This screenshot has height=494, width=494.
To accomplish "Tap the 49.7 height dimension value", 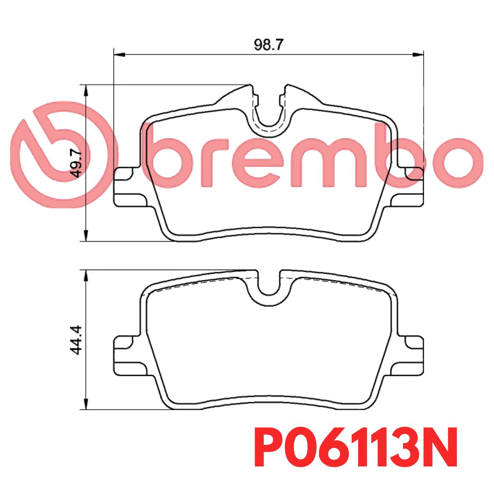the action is pyautogui.click(x=77, y=164).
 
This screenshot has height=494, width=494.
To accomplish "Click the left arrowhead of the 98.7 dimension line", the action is pyautogui.click(x=119, y=55).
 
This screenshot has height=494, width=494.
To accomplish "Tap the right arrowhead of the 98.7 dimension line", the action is pyautogui.click(x=417, y=55).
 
